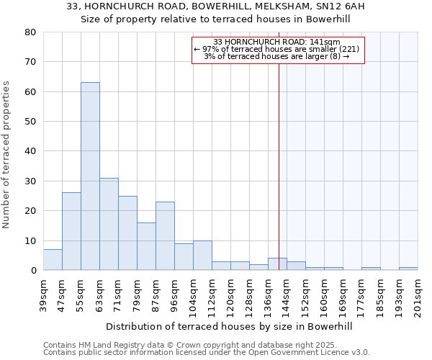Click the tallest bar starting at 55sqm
(90, 176)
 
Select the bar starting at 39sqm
(53, 260)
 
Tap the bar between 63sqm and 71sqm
(109, 224)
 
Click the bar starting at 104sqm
(202, 256)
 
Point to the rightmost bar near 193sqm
(408, 269)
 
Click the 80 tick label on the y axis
(30, 32)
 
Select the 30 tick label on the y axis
(30, 181)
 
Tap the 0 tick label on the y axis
(33, 271)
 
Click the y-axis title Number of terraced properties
(6, 155)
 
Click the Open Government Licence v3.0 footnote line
(207, 353)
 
